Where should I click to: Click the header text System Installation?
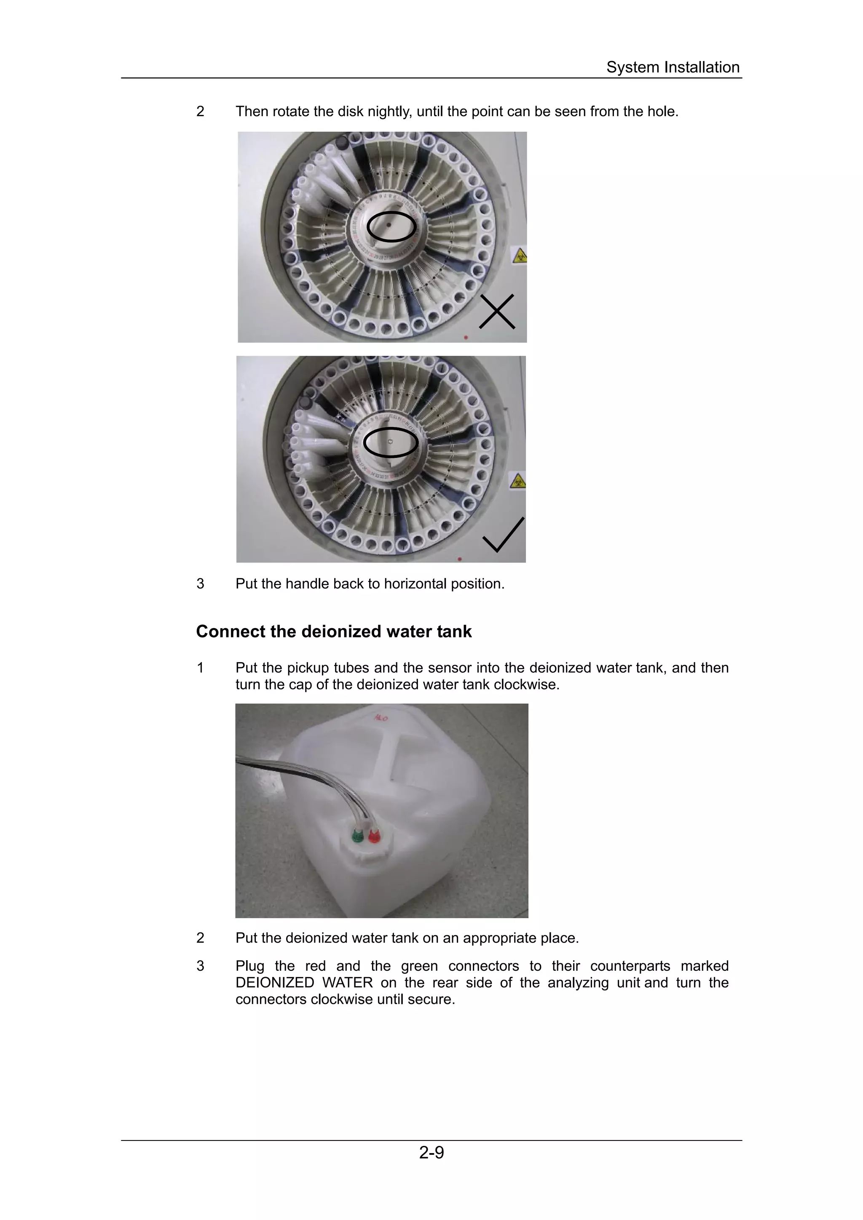point(673,67)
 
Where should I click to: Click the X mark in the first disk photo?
point(497,312)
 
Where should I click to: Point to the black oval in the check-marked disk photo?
point(391,442)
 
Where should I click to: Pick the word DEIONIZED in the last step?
point(274,983)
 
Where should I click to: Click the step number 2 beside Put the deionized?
point(201,938)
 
